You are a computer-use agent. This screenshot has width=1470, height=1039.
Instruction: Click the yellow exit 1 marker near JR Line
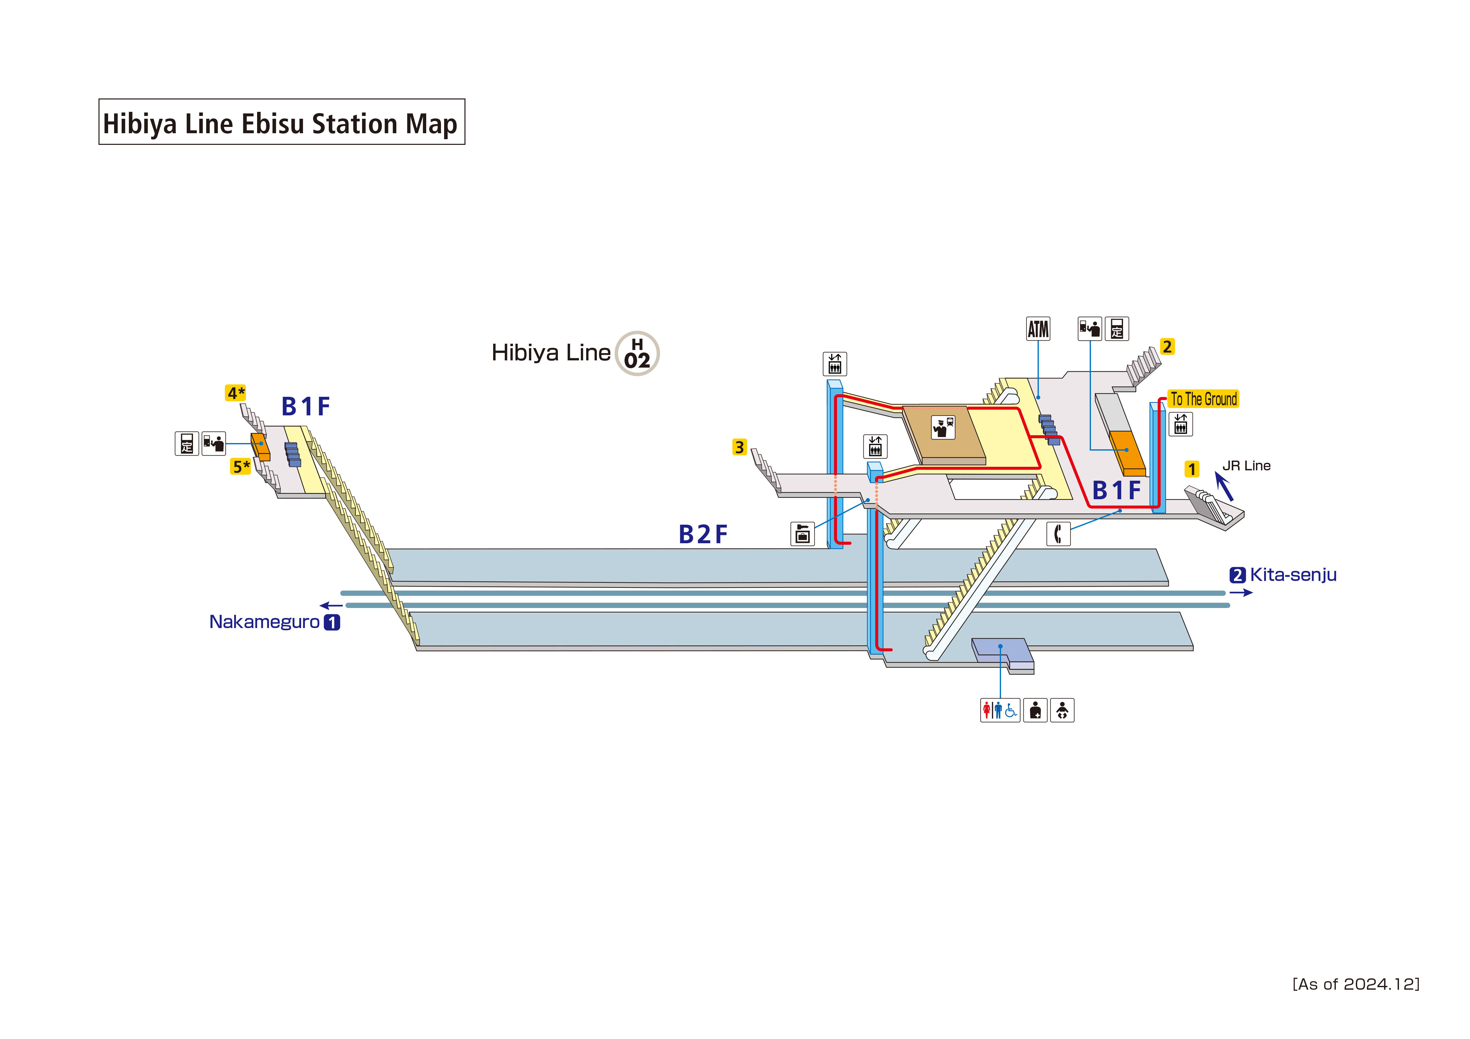click(x=1192, y=469)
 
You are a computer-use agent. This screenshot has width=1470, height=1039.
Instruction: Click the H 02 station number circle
click(x=637, y=353)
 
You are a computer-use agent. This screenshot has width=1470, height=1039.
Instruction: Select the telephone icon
click(x=1058, y=533)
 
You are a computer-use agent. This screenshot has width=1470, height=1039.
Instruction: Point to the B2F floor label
click(x=703, y=534)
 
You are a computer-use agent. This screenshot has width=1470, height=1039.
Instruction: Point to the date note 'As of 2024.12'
click(x=1355, y=984)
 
